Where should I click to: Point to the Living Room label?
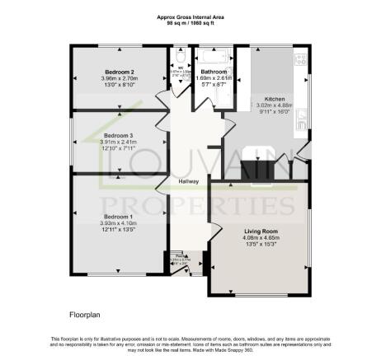[x=260, y=231]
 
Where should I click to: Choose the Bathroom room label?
[x=214, y=72]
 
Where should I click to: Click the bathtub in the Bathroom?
[x=213, y=58]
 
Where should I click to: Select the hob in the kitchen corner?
[x=301, y=59]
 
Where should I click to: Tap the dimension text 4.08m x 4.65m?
[x=260, y=238]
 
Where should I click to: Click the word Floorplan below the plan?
[x=85, y=315]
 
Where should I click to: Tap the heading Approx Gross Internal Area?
[x=190, y=17]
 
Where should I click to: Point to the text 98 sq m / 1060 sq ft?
[x=190, y=23]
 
